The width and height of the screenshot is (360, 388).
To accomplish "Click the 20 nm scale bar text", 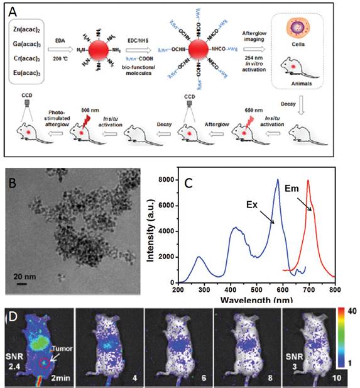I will (x=28, y=275).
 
